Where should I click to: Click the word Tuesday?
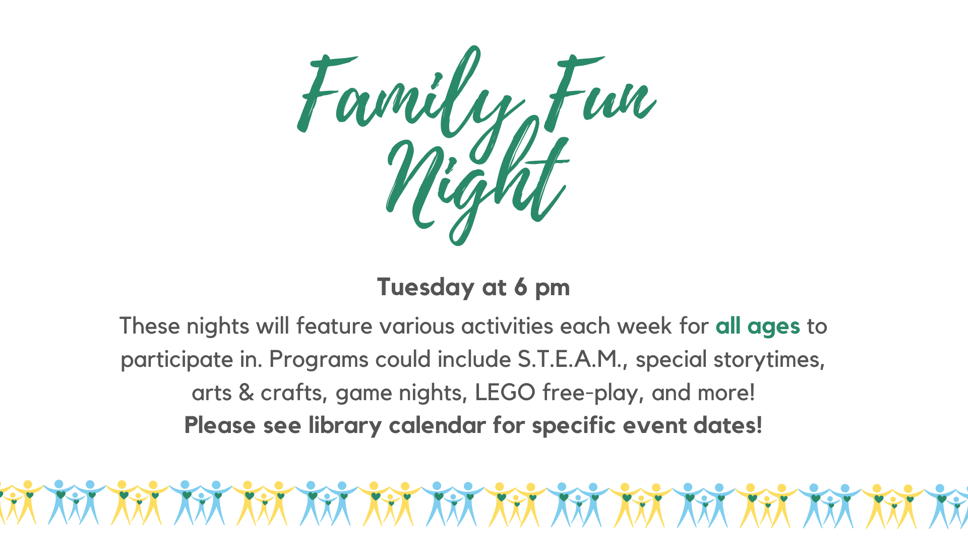[x=426, y=288]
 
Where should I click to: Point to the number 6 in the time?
[x=521, y=287]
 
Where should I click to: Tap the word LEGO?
[x=505, y=393]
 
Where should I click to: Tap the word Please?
[x=220, y=425]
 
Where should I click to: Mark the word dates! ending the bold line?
[x=728, y=425]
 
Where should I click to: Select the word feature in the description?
[x=335, y=326]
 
